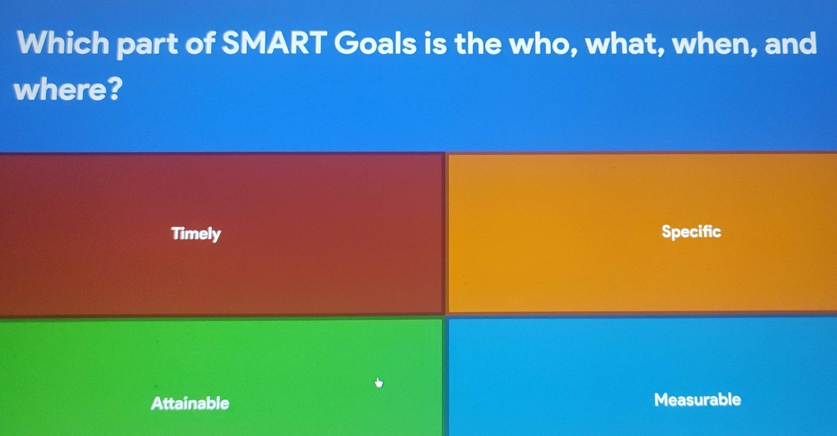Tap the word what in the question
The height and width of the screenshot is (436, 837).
pyautogui.click(x=625, y=44)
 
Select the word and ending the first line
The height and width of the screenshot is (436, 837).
pyautogui.click(x=791, y=44)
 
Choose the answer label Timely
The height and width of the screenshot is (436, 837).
pyautogui.click(x=196, y=234)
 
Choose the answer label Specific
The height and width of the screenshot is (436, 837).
pyautogui.click(x=691, y=232)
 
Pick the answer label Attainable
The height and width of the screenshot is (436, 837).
pyautogui.click(x=190, y=403)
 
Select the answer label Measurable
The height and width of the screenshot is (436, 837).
pyautogui.click(x=697, y=400)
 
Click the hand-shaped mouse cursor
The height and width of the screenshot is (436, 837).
pyautogui.click(x=379, y=383)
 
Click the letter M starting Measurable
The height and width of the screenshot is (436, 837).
pyautogui.click(x=662, y=400)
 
